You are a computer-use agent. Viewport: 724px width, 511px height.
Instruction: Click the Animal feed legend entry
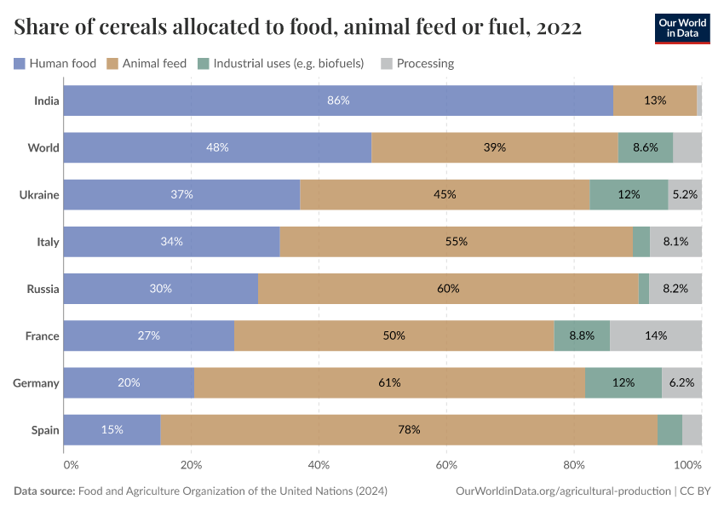[151, 63]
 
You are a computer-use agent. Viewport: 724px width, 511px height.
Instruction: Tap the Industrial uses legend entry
[281, 63]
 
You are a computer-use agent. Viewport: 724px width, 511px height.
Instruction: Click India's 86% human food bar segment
[338, 100]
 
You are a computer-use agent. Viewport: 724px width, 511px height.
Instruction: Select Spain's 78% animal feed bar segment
[409, 429]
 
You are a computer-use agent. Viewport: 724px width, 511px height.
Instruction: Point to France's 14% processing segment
[656, 336]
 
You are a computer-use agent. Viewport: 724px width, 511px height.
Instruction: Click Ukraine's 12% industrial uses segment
[629, 194]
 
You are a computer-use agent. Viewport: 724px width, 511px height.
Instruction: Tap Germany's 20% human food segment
[129, 382]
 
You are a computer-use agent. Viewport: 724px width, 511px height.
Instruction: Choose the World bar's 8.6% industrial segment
[645, 147]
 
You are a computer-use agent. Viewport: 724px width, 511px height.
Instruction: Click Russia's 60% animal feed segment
[448, 289]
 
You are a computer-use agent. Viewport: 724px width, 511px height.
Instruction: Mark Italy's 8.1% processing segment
[675, 242]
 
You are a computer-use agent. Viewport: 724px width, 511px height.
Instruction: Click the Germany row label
[36, 382]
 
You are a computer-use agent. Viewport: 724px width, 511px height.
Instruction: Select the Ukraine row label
[39, 194]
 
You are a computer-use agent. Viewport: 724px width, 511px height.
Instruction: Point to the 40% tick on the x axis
[319, 465]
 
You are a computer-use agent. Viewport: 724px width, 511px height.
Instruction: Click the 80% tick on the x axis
[574, 465]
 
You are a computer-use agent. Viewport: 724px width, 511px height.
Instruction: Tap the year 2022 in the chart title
[558, 27]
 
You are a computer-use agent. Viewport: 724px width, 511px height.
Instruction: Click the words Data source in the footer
[43, 491]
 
